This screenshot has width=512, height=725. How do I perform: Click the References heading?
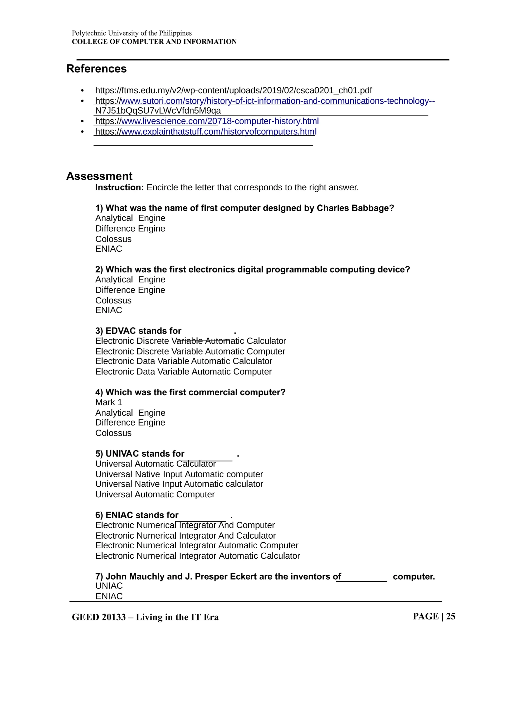coord(96,69)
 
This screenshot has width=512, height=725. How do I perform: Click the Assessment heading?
coord(99,176)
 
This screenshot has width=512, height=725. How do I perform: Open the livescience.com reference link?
coord(207,121)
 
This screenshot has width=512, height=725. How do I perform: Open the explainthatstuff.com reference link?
coord(206,132)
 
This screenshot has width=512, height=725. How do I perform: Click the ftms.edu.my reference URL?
coord(233,91)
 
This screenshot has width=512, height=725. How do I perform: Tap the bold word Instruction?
coord(119,188)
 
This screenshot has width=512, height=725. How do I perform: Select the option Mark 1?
coord(108,403)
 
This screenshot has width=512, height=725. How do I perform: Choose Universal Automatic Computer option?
coord(155,495)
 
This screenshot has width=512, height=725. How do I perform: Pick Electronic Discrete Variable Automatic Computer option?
coord(190,351)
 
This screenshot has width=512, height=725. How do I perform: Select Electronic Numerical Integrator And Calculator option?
coord(185,536)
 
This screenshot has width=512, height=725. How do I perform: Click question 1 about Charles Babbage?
coord(244,208)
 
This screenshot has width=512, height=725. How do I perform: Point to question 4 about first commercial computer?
coord(190,393)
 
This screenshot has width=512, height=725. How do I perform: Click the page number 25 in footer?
coord(450,616)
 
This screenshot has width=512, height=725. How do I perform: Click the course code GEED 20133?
coord(99,617)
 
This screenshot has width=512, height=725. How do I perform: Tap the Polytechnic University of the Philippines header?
coord(131,33)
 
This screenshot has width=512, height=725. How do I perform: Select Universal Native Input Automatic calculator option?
coord(179,484)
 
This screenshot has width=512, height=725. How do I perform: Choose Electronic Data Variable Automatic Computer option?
coord(183,372)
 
